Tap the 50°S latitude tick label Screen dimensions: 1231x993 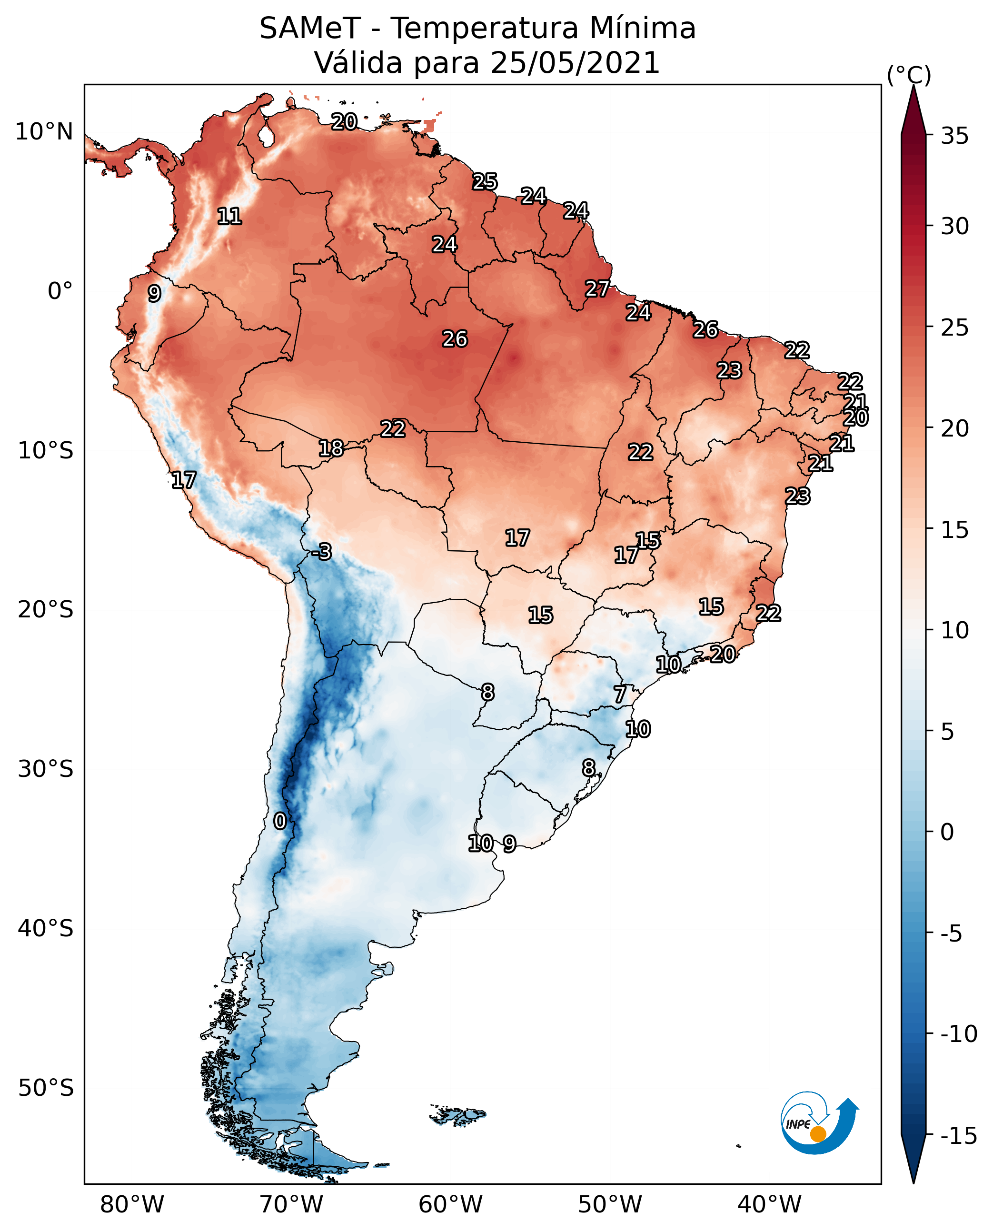click(x=46, y=1087)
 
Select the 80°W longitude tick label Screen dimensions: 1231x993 click(x=132, y=1204)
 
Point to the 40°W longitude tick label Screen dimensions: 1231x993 click(x=769, y=1204)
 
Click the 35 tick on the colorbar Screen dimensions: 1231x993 click(x=954, y=136)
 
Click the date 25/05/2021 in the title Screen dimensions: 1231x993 click(x=575, y=63)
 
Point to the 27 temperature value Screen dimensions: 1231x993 click(x=597, y=288)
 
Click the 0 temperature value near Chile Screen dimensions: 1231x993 click(x=280, y=821)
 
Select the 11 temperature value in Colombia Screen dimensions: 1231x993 click(x=229, y=216)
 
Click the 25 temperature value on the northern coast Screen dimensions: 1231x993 click(x=485, y=181)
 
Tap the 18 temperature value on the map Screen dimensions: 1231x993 click(x=331, y=448)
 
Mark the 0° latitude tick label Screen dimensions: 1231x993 click(x=60, y=291)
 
